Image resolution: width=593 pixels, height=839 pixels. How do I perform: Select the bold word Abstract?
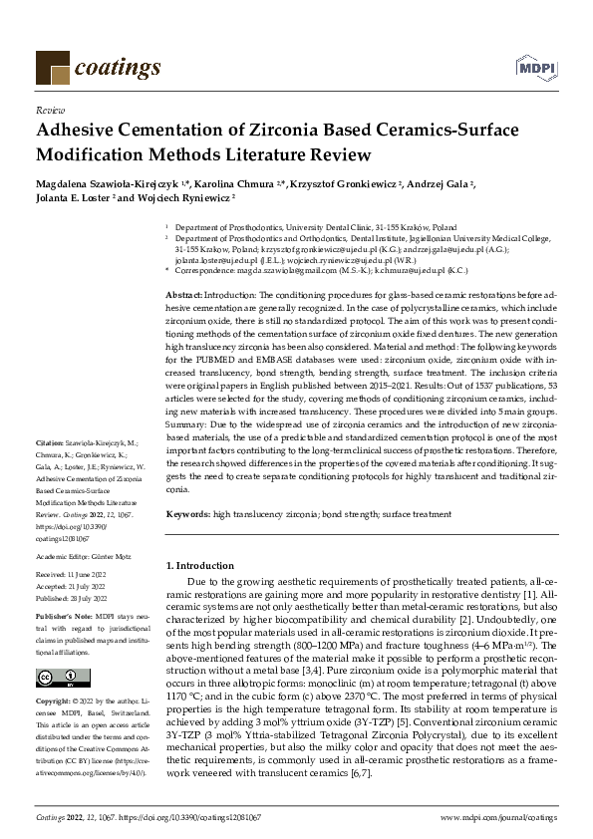(182, 296)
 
